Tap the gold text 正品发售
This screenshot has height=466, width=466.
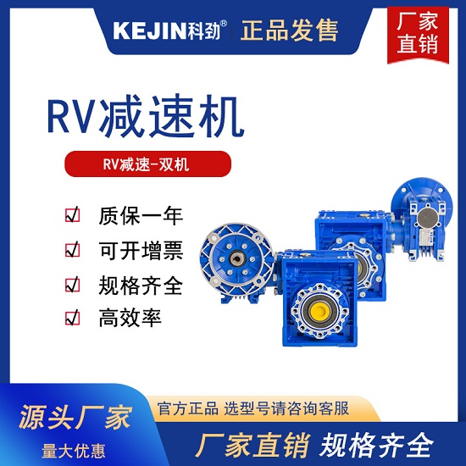[289, 31]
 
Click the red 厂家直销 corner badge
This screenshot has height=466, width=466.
[418, 35]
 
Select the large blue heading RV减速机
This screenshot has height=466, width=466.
[146, 116]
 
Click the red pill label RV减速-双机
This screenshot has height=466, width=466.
[147, 164]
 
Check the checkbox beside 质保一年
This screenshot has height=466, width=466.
[73, 214]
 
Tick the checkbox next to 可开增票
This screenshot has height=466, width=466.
[73, 249]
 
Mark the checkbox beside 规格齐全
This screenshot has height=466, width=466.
[73, 284]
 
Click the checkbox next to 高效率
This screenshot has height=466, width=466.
[73, 318]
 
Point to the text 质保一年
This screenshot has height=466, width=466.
[141, 216]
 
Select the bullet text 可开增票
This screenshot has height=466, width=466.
[141, 251]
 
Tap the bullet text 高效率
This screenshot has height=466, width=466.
[130, 318]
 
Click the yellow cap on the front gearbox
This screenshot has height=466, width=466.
[319, 311]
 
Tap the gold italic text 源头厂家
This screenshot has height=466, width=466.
[75, 417]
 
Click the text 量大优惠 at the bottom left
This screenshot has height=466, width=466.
[74, 451]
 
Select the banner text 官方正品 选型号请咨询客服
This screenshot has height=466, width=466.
[253, 408]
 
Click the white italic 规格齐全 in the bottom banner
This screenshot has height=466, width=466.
[376, 445]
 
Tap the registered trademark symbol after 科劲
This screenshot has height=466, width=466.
[224, 23]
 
